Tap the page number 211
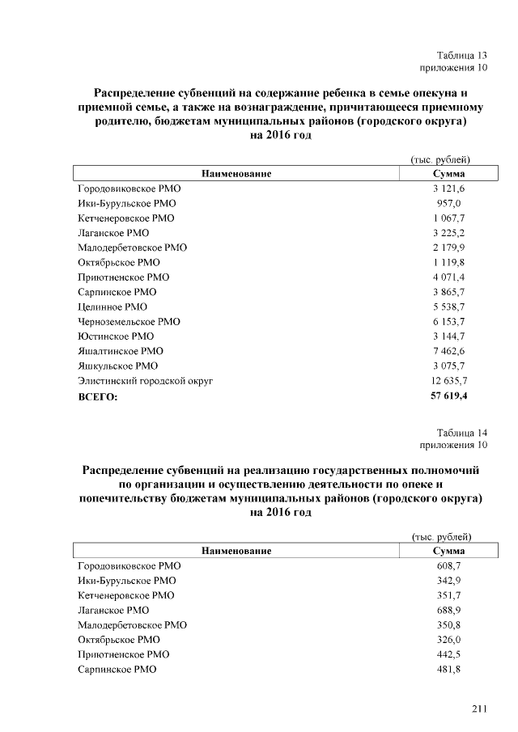[479, 709]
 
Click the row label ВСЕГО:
[98, 396]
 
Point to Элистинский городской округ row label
[145, 380]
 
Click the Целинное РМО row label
[113, 307]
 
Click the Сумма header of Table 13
[448, 173]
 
